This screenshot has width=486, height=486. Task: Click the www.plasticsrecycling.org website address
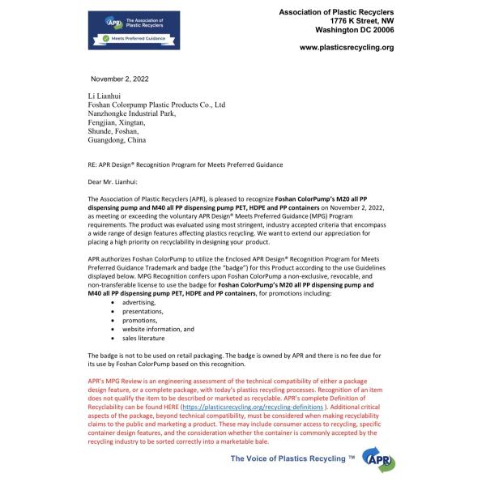click(x=346, y=48)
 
